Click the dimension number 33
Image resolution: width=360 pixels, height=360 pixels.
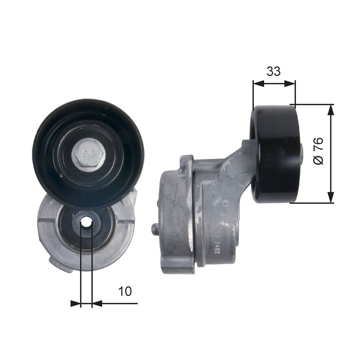pyautogui.click(x=274, y=71)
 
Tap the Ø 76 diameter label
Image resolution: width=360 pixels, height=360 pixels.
pyautogui.click(x=319, y=151)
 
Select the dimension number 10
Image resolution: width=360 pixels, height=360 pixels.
pyautogui.click(x=125, y=291)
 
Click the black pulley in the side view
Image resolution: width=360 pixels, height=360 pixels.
pyautogui.click(x=274, y=153)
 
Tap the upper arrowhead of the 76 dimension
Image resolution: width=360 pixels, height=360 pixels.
pyautogui.click(x=331, y=110)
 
